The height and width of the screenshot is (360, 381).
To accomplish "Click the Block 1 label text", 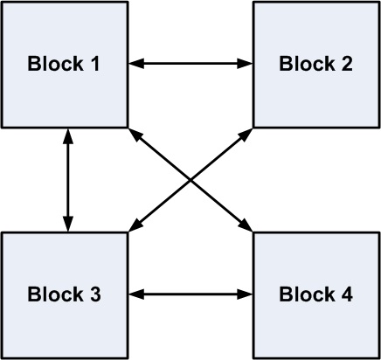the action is pyautogui.click(x=64, y=64).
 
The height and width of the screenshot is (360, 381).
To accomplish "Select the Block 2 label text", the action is pyautogui.click(x=315, y=64).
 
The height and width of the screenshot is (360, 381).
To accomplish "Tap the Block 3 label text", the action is pyautogui.click(x=64, y=294).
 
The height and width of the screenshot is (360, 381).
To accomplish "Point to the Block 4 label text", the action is pyautogui.click(x=315, y=294).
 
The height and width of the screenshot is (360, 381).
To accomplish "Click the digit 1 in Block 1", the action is pyautogui.click(x=95, y=64).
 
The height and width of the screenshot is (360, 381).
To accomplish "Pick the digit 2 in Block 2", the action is pyautogui.click(x=347, y=64).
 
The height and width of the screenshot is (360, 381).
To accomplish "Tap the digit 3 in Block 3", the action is pyautogui.click(x=95, y=294).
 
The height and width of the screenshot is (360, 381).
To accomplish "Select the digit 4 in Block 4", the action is pyautogui.click(x=347, y=294).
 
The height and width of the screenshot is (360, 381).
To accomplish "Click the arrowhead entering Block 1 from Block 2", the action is pyautogui.click(x=135, y=63).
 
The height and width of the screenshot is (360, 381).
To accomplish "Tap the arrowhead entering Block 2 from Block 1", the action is pyautogui.click(x=246, y=63).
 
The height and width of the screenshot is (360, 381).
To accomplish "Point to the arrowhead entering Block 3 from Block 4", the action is pyautogui.click(x=135, y=294).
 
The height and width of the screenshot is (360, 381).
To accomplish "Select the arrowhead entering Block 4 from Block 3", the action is pyautogui.click(x=246, y=294).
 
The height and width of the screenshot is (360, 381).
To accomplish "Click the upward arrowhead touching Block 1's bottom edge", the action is pyautogui.click(x=68, y=136).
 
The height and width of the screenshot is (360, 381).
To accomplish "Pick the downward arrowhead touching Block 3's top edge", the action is pyautogui.click(x=68, y=225).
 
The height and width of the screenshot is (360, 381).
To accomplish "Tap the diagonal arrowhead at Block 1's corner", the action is pyautogui.click(x=135, y=134).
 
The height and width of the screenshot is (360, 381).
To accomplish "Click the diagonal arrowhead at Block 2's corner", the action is pyautogui.click(x=246, y=134).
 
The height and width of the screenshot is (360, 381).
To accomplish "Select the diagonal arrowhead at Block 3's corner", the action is pyautogui.click(x=135, y=226).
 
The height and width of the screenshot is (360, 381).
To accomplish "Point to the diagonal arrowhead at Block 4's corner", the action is pyautogui.click(x=246, y=226).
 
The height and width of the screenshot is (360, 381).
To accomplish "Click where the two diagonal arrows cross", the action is pyautogui.click(x=190, y=180).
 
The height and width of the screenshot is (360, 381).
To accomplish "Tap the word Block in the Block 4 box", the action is pyautogui.click(x=307, y=294).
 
